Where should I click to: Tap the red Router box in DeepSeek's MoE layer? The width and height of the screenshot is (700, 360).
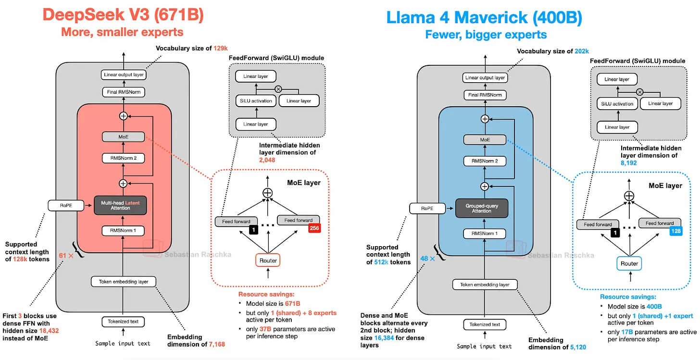point(268,261)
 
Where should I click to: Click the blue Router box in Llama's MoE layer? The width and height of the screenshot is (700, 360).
point(629,263)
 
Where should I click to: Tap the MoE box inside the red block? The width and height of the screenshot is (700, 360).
point(124,137)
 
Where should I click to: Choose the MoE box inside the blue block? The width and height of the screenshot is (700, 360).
point(485,140)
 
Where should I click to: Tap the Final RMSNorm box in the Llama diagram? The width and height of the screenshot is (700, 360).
point(485,95)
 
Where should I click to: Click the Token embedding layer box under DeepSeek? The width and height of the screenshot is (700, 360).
point(124,282)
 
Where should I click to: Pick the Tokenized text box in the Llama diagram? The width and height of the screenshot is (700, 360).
point(485,324)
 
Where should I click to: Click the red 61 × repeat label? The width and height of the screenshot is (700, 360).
point(66,256)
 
